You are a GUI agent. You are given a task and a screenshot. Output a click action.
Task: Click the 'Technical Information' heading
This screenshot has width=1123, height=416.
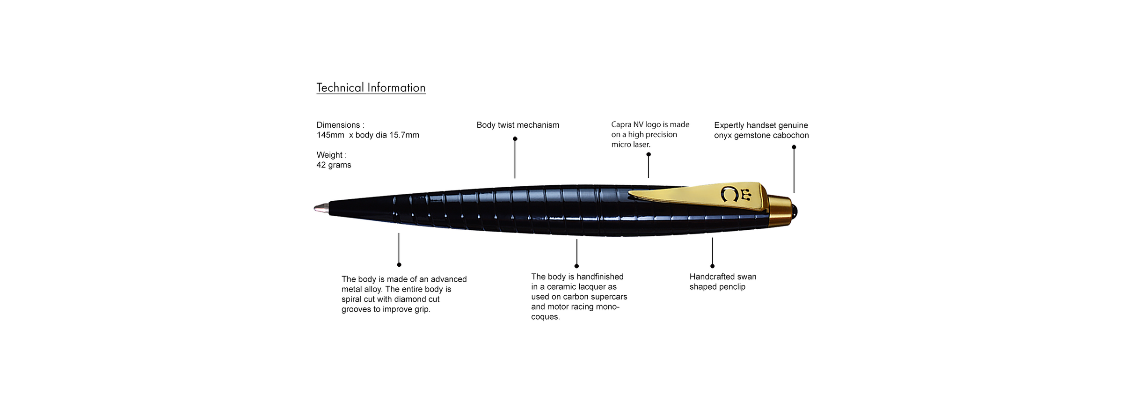pyautogui.click(x=371, y=88)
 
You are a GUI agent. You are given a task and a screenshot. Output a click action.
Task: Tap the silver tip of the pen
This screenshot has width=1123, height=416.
pyautogui.click(x=321, y=208)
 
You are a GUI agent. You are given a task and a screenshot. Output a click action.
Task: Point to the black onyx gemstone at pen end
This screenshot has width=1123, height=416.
pyautogui.click(x=795, y=212)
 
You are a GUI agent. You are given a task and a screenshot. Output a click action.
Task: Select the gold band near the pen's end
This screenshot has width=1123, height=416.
pyautogui.click(x=780, y=211)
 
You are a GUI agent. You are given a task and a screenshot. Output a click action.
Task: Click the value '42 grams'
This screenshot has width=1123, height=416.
pyautogui.click(x=334, y=165)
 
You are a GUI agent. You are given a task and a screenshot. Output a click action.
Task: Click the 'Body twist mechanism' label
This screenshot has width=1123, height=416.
pyautogui.click(x=518, y=125)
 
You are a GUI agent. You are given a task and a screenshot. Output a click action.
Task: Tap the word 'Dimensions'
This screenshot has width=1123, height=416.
pyautogui.click(x=338, y=125)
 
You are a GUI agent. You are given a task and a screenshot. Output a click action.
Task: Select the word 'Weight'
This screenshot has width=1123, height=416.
pyautogui.click(x=329, y=155)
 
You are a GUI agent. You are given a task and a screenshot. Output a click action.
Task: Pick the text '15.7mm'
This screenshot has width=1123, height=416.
pyautogui.click(x=404, y=135)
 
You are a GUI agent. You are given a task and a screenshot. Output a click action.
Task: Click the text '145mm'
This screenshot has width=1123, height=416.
pyautogui.click(x=330, y=135)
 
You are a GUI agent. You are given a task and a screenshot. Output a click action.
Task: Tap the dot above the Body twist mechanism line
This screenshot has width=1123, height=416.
pyautogui.click(x=515, y=139)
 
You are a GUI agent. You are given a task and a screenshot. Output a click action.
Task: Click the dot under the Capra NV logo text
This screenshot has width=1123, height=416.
pyautogui.click(x=649, y=154)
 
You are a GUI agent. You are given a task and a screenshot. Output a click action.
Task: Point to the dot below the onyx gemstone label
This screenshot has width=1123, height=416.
pyautogui.click(x=794, y=147)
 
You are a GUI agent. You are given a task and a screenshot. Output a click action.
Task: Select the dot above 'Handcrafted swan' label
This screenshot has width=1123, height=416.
pyautogui.click(x=712, y=266)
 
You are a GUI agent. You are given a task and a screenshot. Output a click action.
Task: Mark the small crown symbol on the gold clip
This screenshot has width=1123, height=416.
pyautogui.click(x=746, y=194)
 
